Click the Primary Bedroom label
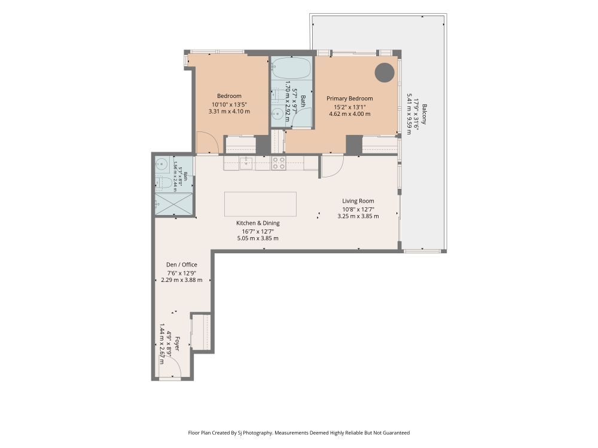pyautogui.click(x=350, y=99)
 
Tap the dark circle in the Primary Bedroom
pyautogui.click(x=384, y=72)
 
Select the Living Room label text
pyautogui.click(x=358, y=201)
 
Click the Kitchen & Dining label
pyautogui.click(x=258, y=223)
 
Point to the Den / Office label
pyautogui.click(x=182, y=265)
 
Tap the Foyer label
pyautogui.click(x=176, y=343)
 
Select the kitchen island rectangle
pyautogui.click(x=261, y=204)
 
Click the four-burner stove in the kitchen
pyautogui.click(x=279, y=163)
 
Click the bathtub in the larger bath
pyautogui.click(x=292, y=68)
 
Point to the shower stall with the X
pyautogui.click(x=173, y=204)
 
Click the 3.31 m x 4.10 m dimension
pyautogui.click(x=229, y=112)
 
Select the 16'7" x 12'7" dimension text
pyautogui.click(x=258, y=231)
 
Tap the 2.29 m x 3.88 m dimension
pyautogui.click(x=182, y=280)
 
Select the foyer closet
pyautogui.click(x=201, y=332)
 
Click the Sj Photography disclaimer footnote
pyautogui.click(x=299, y=432)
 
